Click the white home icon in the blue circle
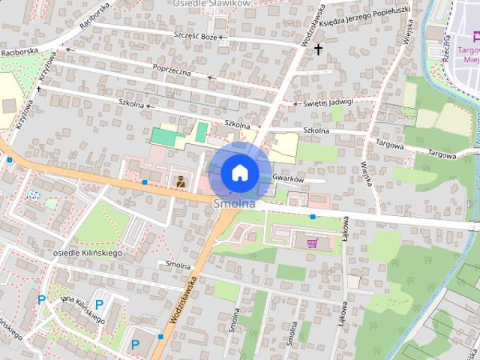tap(239, 172)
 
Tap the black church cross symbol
tap(318, 50)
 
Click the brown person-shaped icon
tap(180, 180)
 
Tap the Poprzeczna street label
tap(172, 71)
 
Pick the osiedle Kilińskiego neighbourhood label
tap(88, 253)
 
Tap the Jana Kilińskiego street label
tap(82, 309)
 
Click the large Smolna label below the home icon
tap(234, 203)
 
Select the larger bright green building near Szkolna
tap(168, 137)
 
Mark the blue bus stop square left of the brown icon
tap(144, 181)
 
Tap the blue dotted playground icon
tap(34, 196)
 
